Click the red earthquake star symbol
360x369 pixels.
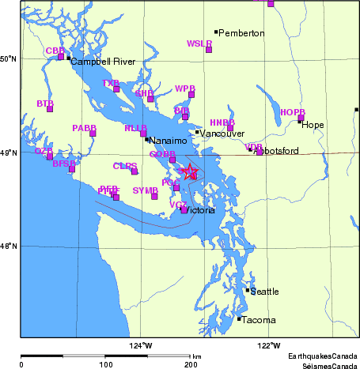[189, 172]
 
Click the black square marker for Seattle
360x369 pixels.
[248, 290]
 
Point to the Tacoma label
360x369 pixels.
[260, 320]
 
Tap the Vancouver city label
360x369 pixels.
[222, 134]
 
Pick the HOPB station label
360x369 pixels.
[292, 112]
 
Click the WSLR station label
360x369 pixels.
[199, 43]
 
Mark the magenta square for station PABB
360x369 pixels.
[93, 133]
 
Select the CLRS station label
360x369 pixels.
[124, 166]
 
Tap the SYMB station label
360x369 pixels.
[145, 190]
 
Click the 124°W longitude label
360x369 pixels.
[142, 345]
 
